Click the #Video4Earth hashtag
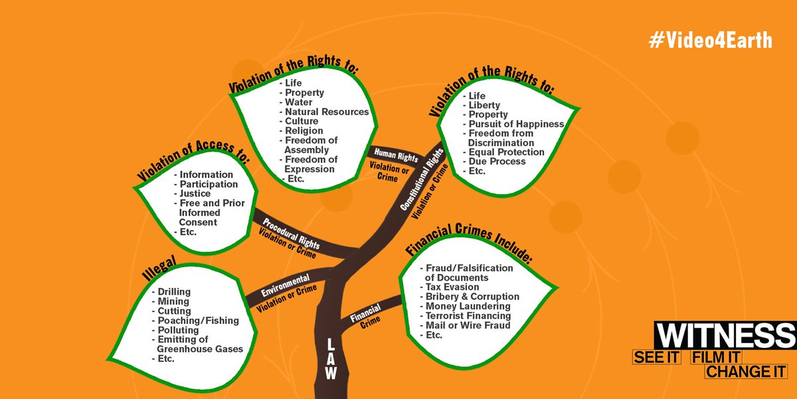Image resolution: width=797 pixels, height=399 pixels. pos(710,41)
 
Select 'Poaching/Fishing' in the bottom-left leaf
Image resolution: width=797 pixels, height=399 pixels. pos(198,321)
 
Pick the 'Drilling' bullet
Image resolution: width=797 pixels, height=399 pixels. pos(174,292)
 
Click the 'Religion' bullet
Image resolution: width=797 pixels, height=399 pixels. pos(304,131)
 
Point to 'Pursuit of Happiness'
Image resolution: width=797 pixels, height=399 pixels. pos(516,124)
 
